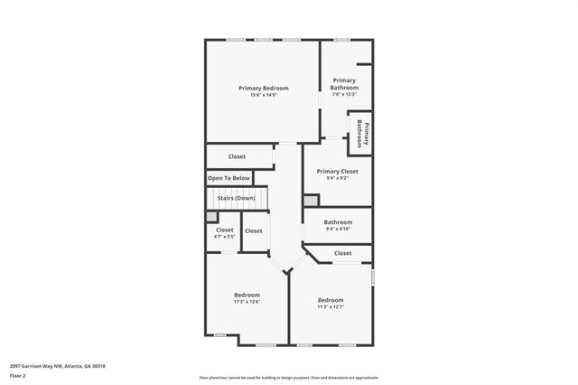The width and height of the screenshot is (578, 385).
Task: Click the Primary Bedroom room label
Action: [x=264, y=88]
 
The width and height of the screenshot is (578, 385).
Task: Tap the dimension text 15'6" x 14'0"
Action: [x=264, y=95]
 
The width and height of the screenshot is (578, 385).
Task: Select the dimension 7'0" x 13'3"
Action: [x=344, y=94]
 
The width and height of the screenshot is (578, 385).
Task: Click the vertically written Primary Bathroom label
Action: [x=364, y=133]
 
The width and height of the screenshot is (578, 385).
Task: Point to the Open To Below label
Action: [x=228, y=178]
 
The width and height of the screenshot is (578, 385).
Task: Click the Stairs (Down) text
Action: [x=236, y=198]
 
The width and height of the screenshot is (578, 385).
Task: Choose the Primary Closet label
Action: [x=337, y=171]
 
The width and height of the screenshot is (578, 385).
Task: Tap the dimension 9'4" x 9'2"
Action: [x=337, y=178]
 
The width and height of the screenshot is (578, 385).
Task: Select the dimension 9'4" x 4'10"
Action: [x=338, y=229]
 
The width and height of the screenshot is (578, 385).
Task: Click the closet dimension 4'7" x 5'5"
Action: [x=224, y=237]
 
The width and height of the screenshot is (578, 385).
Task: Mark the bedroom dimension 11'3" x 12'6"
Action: [x=247, y=302]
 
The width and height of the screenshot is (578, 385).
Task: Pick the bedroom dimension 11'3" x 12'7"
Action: [x=330, y=306]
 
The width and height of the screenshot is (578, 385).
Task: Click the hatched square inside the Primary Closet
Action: [x=310, y=201]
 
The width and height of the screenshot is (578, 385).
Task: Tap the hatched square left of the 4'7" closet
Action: [x=211, y=217]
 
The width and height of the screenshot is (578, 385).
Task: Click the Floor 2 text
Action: [x=18, y=374]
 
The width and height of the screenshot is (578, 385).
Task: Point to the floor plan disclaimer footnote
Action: [x=289, y=377]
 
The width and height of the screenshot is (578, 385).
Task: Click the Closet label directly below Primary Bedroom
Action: [x=237, y=156]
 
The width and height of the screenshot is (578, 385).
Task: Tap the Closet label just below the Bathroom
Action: [x=343, y=253]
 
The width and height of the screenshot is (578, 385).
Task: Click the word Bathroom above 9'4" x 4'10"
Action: [x=338, y=221]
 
